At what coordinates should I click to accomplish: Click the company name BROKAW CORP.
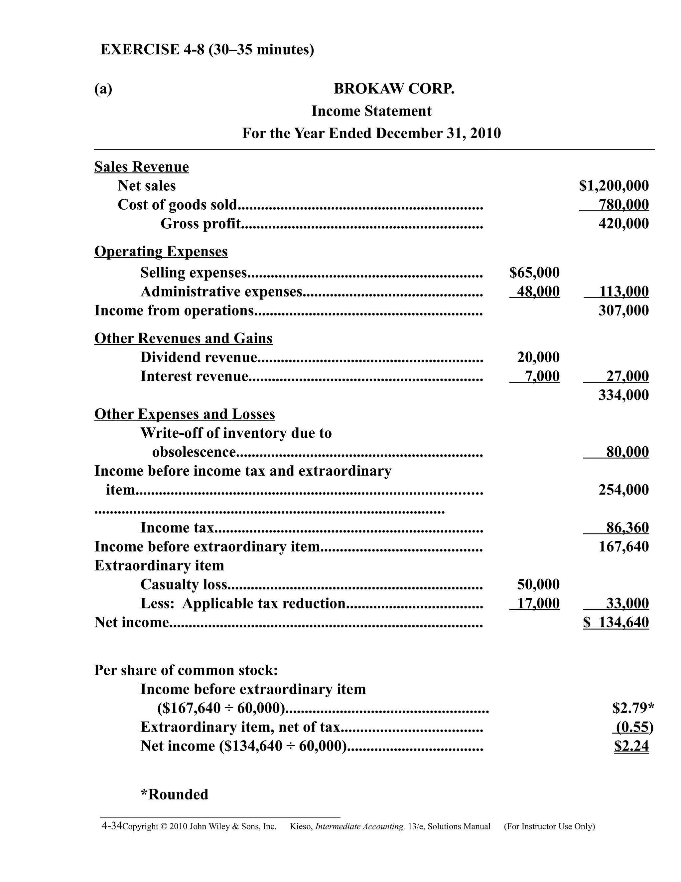[394, 89]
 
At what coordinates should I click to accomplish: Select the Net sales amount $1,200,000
[613, 186]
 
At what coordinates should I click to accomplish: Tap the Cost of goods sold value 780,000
[623, 205]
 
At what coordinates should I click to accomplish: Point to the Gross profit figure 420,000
[623, 224]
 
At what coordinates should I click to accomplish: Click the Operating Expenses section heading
[161, 252]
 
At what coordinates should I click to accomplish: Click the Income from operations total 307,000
[623, 311]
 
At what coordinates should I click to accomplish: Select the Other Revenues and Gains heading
[183, 338]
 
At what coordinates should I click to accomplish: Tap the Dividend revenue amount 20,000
[538, 357]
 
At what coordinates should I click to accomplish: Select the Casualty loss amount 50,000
[538, 584]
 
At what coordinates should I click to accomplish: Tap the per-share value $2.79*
[632, 708]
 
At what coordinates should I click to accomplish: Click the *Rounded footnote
[174, 794]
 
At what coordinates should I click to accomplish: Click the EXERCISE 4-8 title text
[207, 50]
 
